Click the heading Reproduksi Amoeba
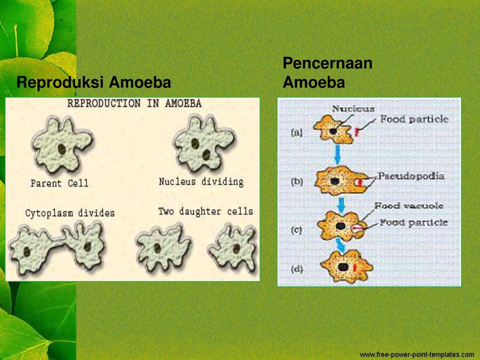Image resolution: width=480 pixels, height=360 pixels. [93, 83]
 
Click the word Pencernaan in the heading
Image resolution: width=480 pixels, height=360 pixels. [327, 63]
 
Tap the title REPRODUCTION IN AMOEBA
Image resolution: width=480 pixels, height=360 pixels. [134, 103]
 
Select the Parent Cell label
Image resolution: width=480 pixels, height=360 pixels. [59, 183]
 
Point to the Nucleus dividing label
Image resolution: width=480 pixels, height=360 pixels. [201, 181]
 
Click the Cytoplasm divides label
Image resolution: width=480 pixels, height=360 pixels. [70, 213]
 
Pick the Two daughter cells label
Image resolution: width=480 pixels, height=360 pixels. [205, 211]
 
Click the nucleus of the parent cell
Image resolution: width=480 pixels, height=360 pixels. [61, 149]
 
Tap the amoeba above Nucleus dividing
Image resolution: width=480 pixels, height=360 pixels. [202, 143]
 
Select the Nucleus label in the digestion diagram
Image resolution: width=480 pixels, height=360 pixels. [353, 109]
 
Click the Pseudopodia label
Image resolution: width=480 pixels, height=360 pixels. [411, 177]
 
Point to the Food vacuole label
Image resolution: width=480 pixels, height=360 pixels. [408, 206]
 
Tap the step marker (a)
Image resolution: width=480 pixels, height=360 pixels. [297, 133]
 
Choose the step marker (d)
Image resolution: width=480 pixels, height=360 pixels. [297, 269]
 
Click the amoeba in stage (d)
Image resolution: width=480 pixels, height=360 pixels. [346, 266]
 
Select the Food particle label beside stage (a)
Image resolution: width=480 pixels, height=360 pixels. [414, 120]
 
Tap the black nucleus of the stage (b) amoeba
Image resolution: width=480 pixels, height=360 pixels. [335, 181]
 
